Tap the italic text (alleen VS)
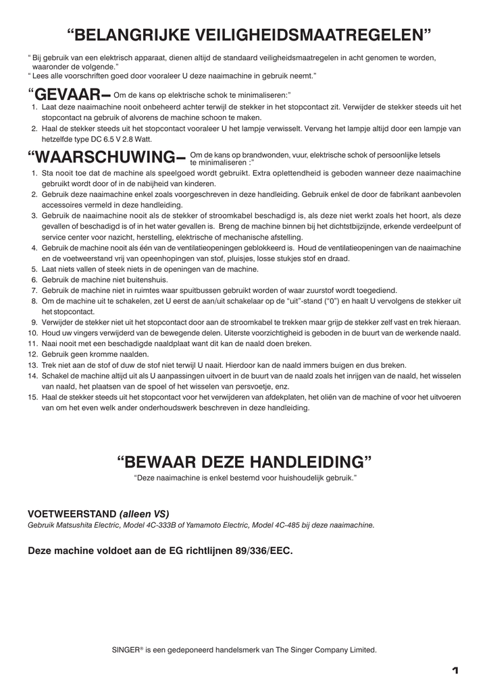pos(145,514)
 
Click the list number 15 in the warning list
pos(32,397)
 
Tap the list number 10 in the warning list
pos(32,333)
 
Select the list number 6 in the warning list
pos(34,279)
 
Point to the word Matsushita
pos(80,524)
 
